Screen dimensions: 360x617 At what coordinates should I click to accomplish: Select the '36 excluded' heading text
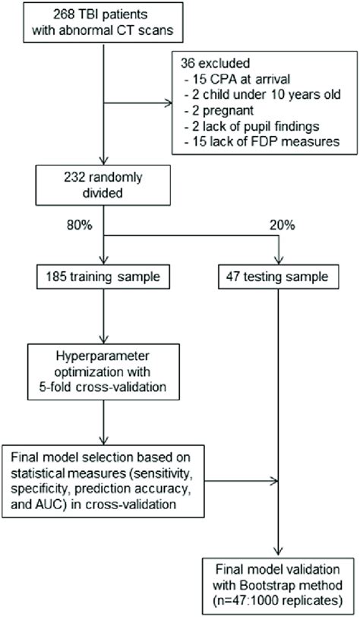(x=215, y=62)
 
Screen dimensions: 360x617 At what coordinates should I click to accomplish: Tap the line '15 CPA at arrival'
(x=237, y=78)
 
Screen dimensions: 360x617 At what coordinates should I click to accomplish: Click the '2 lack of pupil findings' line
(x=251, y=126)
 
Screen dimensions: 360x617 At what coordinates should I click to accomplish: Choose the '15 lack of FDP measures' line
(x=261, y=141)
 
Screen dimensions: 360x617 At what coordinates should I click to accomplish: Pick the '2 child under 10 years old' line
(x=262, y=94)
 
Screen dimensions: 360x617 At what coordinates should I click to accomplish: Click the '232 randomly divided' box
(x=103, y=185)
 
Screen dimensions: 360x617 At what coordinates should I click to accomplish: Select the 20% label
(x=282, y=226)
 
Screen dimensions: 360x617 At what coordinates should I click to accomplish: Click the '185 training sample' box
(x=103, y=277)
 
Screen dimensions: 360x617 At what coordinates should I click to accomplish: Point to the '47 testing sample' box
(x=279, y=277)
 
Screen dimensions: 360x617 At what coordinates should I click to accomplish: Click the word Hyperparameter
(x=103, y=356)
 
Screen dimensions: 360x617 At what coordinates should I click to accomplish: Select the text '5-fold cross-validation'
(x=103, y=387)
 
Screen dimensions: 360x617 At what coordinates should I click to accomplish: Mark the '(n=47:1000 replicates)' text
(x=279, y=600)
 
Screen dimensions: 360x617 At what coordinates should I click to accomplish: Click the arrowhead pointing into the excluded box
(x=168, y=103)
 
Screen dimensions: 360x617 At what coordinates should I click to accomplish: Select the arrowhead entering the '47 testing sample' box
(x=279, y=261)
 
